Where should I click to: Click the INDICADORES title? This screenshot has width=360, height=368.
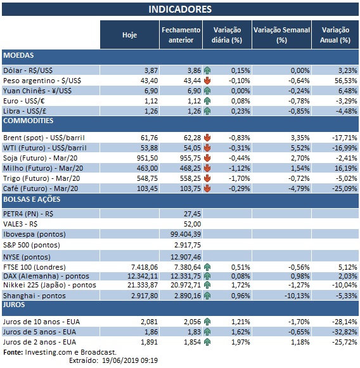point(180,10)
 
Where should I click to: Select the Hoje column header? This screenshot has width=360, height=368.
point(129,35)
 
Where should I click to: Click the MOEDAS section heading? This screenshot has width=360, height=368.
point(19,56)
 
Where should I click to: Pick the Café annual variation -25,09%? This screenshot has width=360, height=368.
point(337,188)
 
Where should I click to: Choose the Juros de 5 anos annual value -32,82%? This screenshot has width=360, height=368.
point(337,332)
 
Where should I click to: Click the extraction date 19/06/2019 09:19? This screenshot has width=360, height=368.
point(129,360)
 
